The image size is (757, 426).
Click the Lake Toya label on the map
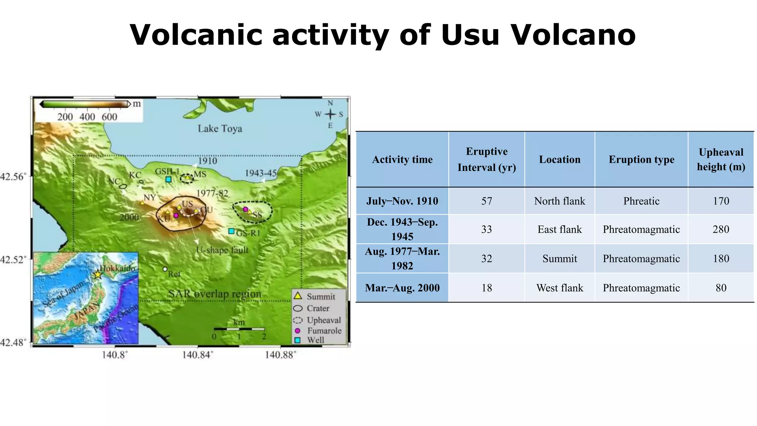pyautogui.click(x=220, y=128)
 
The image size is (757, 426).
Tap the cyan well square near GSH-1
pyautogui.click(x=168, y=179)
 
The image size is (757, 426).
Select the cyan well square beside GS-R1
pyautogui.click(x=231, y=231)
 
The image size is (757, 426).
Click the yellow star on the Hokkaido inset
pyautogui.click(x=97, y=274)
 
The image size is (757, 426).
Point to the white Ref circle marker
pyautogui.click(x=165, y=269)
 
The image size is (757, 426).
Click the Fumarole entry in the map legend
pyautogui.click(x=318, y=331)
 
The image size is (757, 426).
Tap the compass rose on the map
pyautogui.click(x=330, y=114)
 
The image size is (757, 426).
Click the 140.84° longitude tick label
pyautogui.click(x=197, y=355)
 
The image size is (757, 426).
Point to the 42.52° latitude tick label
pyautogui.click(x=13, y=260)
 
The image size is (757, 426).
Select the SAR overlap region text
pyautogui.click(x=214, y=294)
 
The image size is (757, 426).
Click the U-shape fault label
pyautogui.click(x=222, y=250)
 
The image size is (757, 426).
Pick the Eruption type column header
pyautogui.click(x=641, y=159)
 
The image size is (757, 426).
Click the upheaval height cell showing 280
pyautogui.click(x=721, y=229)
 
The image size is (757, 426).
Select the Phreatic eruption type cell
pyautogui.click(x=641, y=201)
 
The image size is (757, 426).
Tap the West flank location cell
pyautogui.click(x=560, y=288)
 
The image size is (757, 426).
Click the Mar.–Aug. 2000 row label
pyautogui.click(x=402, y=288)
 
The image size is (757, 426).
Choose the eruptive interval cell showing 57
pyautogui.click(x=486, y=201)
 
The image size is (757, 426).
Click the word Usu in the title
pyautogui.click(x=470, y=35)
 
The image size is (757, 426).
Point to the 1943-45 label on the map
pyautogui.click(x=261, y=173)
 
